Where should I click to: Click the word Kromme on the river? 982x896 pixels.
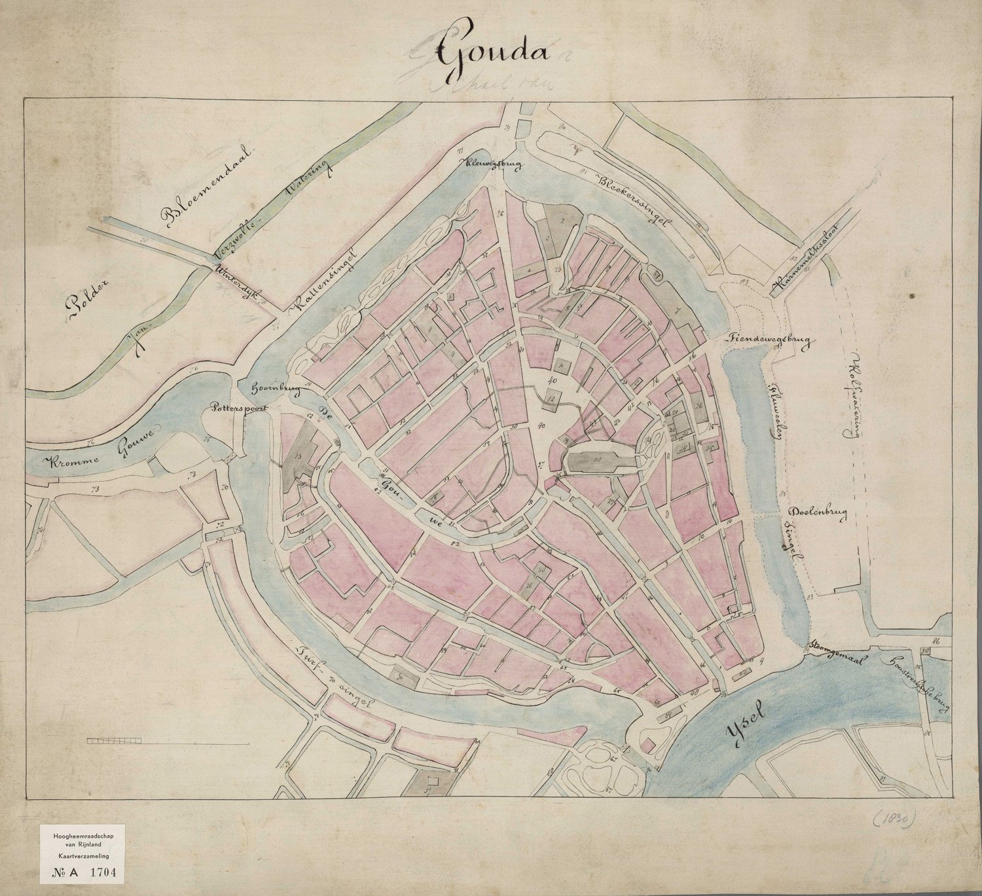click(x=73, y=461)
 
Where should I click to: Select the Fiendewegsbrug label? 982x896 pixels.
click(x=767, y=340)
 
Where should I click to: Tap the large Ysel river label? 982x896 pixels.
click(x=746, y=728)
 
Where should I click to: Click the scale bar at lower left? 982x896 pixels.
click(x=115, y=740)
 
